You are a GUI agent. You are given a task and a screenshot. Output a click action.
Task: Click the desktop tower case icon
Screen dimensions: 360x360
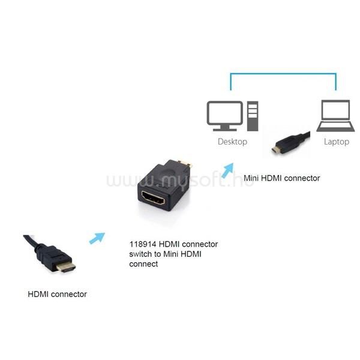coord(253,116)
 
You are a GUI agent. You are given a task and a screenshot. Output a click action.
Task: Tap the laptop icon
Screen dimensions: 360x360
coord(335,116)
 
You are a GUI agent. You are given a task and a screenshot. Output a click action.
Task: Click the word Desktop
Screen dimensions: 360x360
coord(232,142)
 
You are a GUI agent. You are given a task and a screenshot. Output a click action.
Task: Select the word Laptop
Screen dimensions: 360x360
coord(337,142)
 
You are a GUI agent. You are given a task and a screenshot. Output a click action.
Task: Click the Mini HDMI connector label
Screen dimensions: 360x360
coord(282,178)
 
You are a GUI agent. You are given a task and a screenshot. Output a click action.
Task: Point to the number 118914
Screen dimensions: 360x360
coord(143,244)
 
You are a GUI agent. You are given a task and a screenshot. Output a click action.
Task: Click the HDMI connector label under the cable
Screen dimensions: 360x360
coord(57,294)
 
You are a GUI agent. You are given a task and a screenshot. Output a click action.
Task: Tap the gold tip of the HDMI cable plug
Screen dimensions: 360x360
coord(66,268)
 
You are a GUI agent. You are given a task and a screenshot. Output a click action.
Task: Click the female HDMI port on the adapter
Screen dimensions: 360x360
coord(153,197)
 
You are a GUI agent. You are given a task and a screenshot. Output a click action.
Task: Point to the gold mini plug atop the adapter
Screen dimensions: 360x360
coord(185,163)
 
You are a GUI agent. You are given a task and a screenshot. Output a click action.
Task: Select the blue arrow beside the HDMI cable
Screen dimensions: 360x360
coord(97,238)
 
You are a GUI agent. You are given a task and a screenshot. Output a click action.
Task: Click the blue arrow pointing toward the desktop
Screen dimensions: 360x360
coord(227,170)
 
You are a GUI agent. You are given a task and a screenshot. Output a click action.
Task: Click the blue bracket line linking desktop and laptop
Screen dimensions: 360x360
coord(283,74)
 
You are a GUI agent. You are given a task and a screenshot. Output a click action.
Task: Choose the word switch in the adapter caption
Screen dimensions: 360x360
coord(140,254)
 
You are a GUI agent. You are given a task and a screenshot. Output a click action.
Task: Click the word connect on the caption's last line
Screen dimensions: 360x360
coord(143,264)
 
